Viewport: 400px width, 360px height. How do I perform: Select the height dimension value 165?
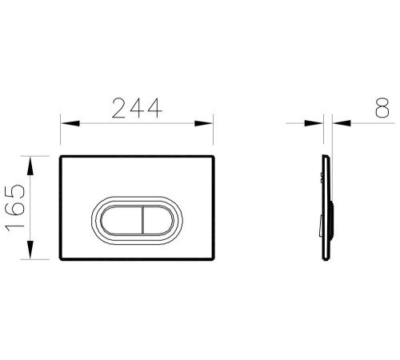pyautogui.click(x=18, y=206)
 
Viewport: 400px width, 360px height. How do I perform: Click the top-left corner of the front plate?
pyautogui.click(x=62, y=154)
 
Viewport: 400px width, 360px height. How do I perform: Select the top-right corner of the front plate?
pyautogui.click(x=214, y=154)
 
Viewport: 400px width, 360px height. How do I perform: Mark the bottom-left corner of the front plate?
pyautogui.click(x=62, y=261)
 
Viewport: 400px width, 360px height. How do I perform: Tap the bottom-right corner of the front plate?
pyautogui.click(x=214, y=261)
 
